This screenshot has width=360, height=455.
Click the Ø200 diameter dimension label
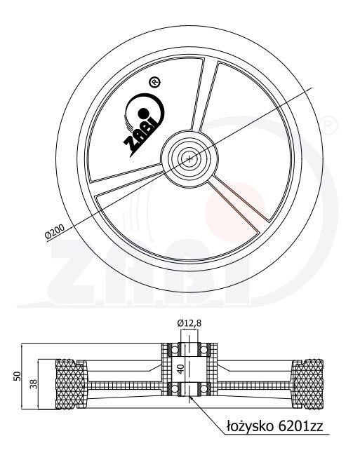tap(55, 231)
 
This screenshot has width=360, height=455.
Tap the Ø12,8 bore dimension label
tap(189, 322)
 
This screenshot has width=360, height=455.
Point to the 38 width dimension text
tap(34, 384)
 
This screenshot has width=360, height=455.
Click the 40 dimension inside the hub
tap(181, 369)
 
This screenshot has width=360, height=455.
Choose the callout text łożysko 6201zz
tap(274, 426)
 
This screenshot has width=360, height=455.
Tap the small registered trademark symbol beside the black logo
tap(154, 83)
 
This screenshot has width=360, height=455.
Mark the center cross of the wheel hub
tap(189, 158)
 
